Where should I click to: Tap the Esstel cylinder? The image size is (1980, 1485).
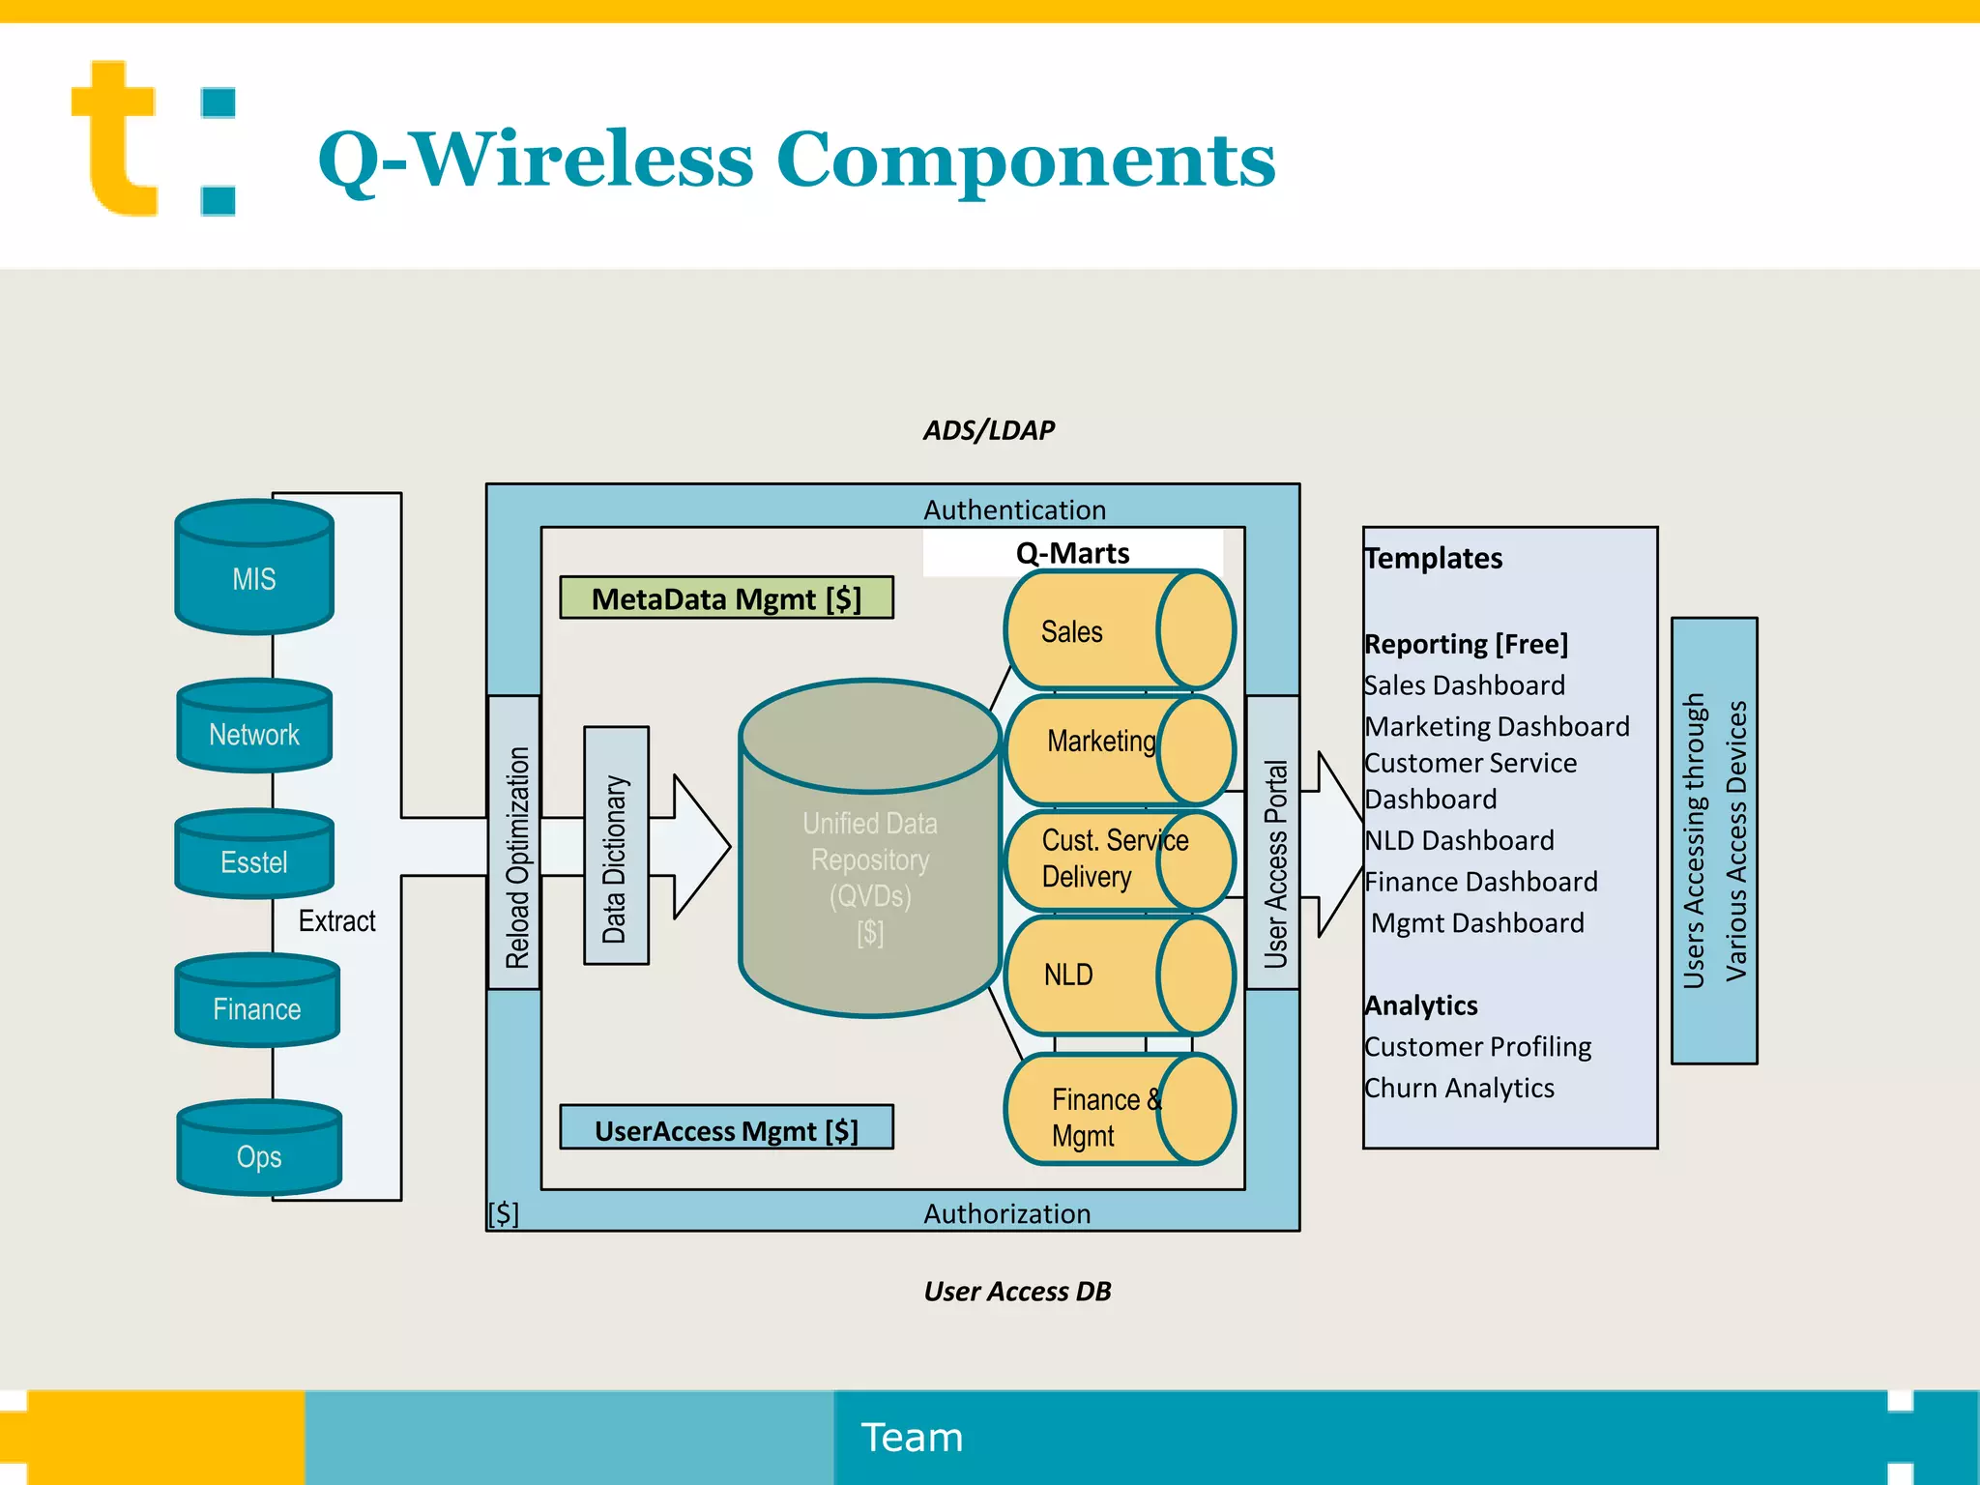[x=254, y=855]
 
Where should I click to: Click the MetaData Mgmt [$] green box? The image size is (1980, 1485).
[x=726, y=598]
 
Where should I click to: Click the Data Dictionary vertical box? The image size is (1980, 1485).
[x=616, y=846]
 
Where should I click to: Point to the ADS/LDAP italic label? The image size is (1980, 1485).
[x=988, y=430]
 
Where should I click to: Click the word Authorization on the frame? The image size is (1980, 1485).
[x=1006, y=1213]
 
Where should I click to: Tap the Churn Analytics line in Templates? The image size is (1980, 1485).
[x=1459, y=1089]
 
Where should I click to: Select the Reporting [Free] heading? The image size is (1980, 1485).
[x=1466, y=644]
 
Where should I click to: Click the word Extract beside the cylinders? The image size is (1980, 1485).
[x=336, y=920]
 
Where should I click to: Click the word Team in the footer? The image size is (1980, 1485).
[x=912, y=1438]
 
